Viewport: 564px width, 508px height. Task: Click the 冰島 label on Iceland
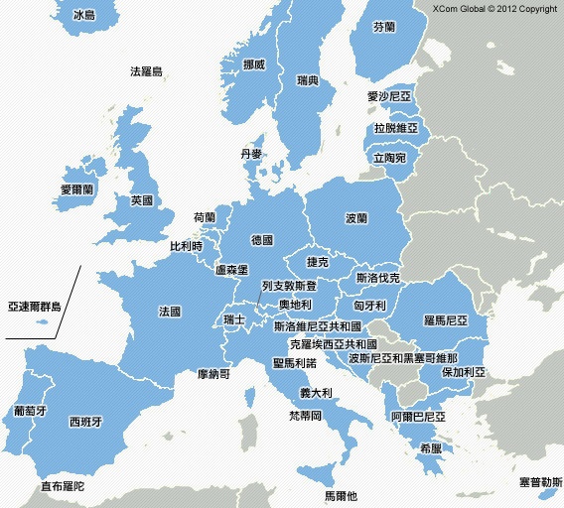click(85, 16)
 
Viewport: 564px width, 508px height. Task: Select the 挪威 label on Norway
click(254, 64)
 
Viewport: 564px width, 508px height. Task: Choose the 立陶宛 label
click(389, 158)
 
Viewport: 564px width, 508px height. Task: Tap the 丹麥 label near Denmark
click(251, 155)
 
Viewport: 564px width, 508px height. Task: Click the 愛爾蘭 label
click(76, 189)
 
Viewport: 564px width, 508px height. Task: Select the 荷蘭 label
click(205, 217)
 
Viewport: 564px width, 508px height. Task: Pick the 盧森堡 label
click(231, 269)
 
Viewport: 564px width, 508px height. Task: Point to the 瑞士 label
click(235, 319)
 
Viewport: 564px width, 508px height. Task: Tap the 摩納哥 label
click(214, 375)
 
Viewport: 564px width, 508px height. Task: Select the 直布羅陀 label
click(63, 487)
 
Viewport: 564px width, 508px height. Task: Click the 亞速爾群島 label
click(34, 308)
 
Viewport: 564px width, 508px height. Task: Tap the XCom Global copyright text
click(494, 9)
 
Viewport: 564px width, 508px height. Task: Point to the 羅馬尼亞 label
click(444, 320)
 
